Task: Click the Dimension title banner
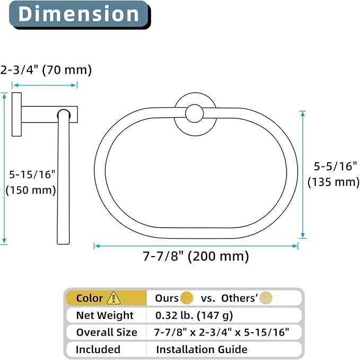pyautogui.click(x=80, y=14)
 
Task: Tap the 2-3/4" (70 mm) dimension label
pyautogui.click(x=46, y=70)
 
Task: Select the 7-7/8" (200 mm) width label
pyautogui.click(x=196, y=256)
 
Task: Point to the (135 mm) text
pyautogui.click(x=333, y=182)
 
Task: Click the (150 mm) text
pyautogui.click(x=31, y=190)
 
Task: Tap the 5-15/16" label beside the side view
pyautogui.click(x=32, y=174)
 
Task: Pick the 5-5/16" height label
pyautogui.click(x=336, y=166)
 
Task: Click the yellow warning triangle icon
pyautogui.click(x=113, y=298)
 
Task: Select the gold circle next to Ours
pyautogui.click(x=187, y=298)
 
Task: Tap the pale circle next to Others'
pyautogui.click(x=266, y=298)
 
